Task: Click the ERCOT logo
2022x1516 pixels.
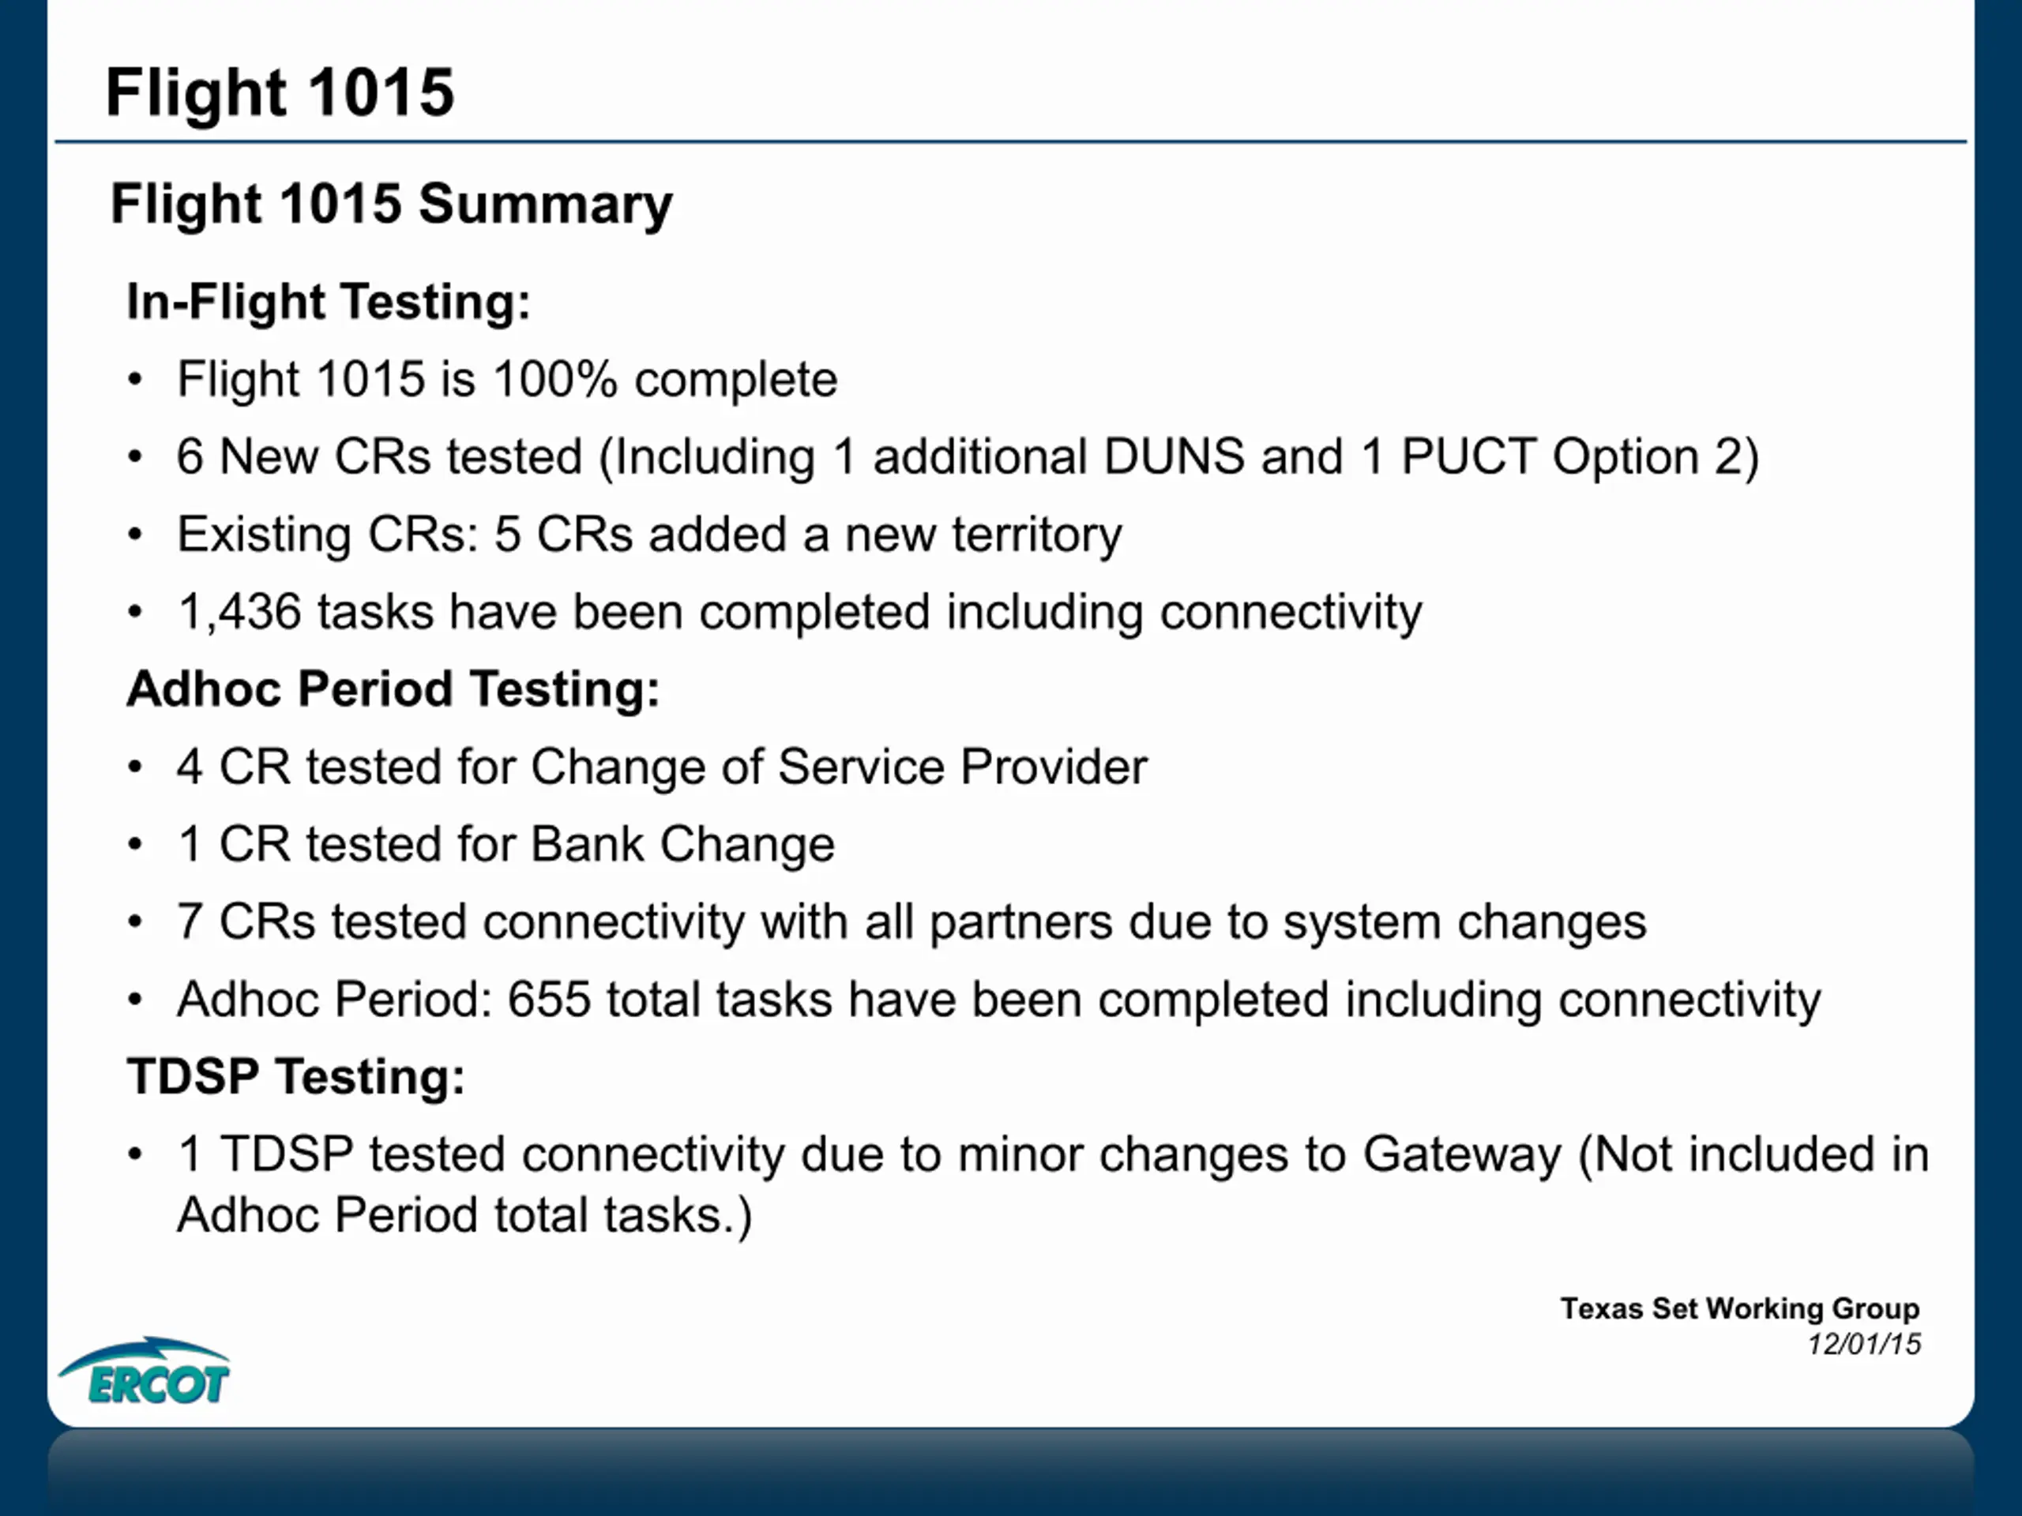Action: point(145,1370)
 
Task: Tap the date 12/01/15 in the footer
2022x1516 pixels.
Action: point(1864,1344)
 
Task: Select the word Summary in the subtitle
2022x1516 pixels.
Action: point(546,205)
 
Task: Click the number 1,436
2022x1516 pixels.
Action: point(239,612)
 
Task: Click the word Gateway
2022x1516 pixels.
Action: point(1462,1155)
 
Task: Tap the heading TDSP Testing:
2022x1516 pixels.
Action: point(296,1076)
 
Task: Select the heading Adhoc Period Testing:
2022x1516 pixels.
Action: point(394,689)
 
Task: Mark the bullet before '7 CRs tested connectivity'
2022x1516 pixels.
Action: point(135,922)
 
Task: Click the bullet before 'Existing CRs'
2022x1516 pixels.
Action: point(135,535)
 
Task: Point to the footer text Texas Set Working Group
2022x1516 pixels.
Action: point(1739,1308)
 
